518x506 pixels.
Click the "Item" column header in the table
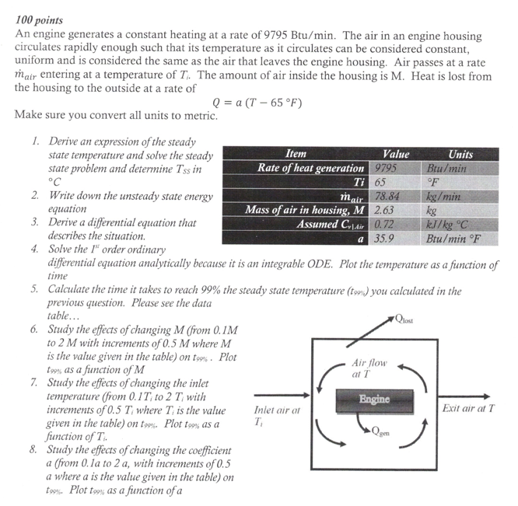pyautogui.click(x=296, y=154)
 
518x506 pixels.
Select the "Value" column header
pyautogui.click(x=396, y=154)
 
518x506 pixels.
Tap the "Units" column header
pyautogui.click(x=460, y=154)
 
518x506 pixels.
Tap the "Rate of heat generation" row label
pyautogui.click(x=311, y=168)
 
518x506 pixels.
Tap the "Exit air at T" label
pyautogui.click(x=468, y=408)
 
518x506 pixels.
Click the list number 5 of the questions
pyautogui.click(x=36, y=291)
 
